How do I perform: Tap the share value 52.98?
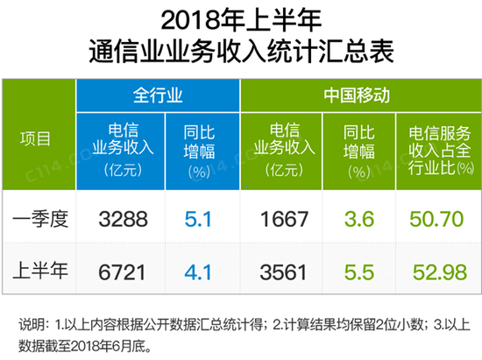tap(436, 272)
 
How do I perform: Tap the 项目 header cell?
tap(38, 139)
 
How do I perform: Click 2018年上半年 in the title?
tap(241, 19)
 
